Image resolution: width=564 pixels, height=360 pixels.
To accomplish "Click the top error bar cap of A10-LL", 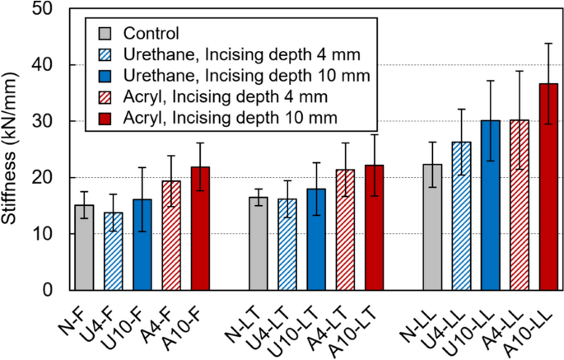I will [x=548, y=44].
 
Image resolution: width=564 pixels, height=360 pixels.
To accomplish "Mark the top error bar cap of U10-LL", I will [x=490, y=81].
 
